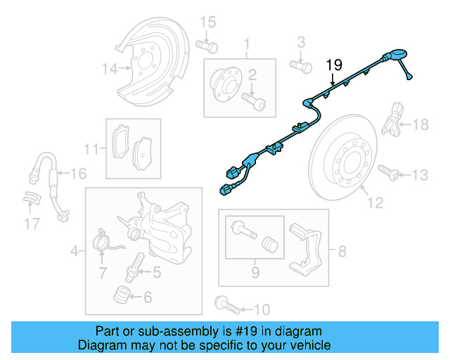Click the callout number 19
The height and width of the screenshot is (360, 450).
click(x=334, y=65)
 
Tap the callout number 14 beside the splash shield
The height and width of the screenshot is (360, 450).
click(x=108, y=69)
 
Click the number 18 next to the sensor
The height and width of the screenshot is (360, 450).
click(x=420, y=125)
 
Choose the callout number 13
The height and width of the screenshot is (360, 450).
click(x=419, y=174)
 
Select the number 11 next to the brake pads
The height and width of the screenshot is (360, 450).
click(x=89, y=149)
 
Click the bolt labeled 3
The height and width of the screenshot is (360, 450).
click(x=301, y=66)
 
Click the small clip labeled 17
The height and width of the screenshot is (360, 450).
click(x=31, y=200)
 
